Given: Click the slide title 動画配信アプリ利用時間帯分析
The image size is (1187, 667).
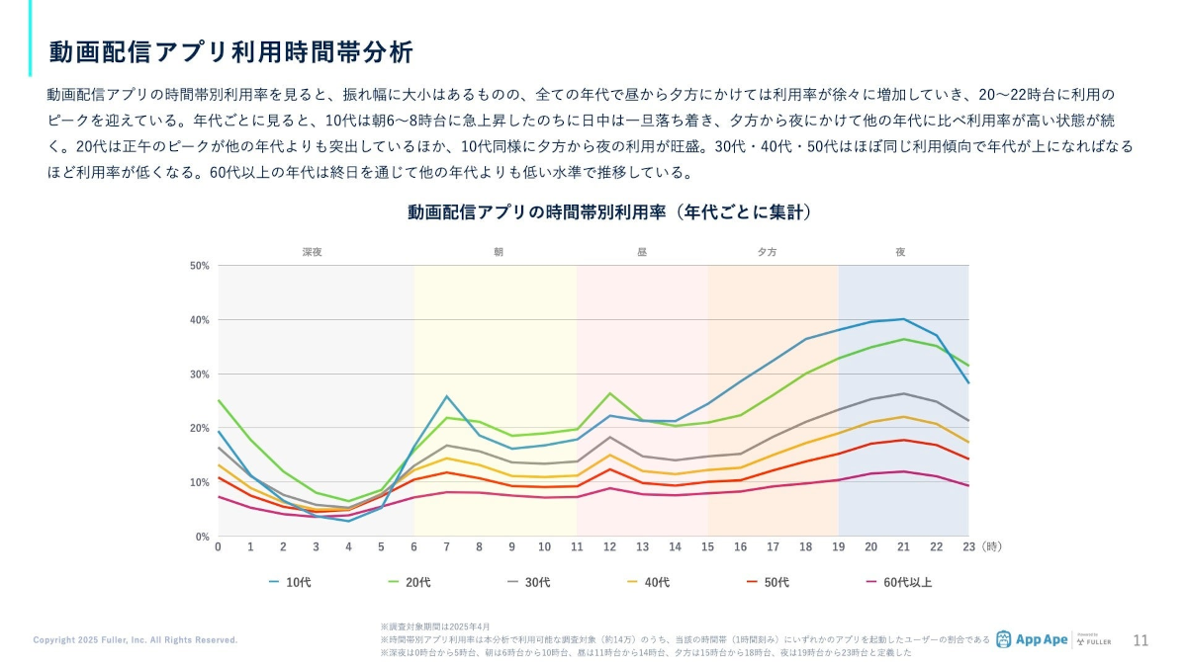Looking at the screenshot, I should coord(230,51).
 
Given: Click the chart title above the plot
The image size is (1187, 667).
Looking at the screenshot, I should coord(609,212).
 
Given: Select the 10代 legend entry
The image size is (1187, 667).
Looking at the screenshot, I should coord(290,582).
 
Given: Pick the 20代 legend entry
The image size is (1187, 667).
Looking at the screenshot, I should coord(409,582).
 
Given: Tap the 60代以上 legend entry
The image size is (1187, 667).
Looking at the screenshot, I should coord(898,582).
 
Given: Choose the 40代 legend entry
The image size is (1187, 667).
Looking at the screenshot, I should coord(648,582).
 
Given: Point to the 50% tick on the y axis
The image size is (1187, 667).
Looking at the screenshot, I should coord(199,266).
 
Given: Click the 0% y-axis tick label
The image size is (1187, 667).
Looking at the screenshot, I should coord(201,537).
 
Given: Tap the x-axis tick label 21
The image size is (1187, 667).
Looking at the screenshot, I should coord(903,546).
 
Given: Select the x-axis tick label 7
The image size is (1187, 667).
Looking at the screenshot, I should coord(446,546).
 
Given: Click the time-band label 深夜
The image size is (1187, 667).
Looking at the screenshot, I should coord(313,252).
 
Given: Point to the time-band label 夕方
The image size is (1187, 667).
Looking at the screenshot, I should coord(767,252).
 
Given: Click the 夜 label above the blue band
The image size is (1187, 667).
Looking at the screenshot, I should coord(900,252).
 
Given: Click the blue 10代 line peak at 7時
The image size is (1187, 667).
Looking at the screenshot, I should coord(446,396).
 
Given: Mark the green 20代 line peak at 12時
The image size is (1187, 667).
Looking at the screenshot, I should coord(610,393).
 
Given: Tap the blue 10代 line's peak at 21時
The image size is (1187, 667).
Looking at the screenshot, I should coord(903,318).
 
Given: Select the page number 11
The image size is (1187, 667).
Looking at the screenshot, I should coord(1141,639).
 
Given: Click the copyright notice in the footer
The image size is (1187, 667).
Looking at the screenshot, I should coord(136,640).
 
